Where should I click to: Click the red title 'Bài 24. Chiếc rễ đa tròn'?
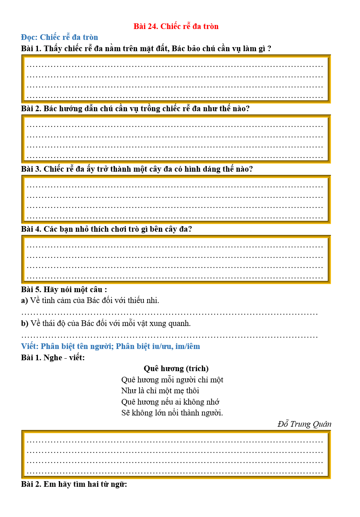click(x=176, y=27)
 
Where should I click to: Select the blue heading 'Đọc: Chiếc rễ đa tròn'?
click(x=59, y=37)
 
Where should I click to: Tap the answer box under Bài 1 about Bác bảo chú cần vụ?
click(x=176, y=79)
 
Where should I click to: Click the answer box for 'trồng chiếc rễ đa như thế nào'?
click(x=176, y=139)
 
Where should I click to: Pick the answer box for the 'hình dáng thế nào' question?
click(x=176, y=199)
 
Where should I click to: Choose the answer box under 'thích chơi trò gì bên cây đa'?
click(x=176, y=260)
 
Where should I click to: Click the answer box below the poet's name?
click(x=176, y=455)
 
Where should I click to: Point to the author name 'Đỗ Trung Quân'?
click(x=304, y=424)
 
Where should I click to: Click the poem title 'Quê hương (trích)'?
click(x=176, y=368)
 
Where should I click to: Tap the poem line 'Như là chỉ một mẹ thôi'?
click(x=160, y=390)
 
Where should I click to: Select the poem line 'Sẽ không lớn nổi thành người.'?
click(x=172, y=413)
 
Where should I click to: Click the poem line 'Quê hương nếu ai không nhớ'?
click(x=170, y=402)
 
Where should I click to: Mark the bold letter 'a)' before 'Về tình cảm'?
click(x=25, y=301)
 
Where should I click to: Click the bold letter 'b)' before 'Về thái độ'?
click(x=25, y=324)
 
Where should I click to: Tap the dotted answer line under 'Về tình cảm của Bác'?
click(x=169, y=313)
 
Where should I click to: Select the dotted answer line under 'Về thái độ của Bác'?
click(x=169, y=336)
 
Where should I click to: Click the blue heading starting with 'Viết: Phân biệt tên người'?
click(x=110, y=347)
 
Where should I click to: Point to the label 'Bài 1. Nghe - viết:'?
click(x=53, y=357)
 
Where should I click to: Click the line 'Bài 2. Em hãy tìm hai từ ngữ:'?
click(x=74, y=484)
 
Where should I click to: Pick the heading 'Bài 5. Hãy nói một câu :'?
click(x=64, y=290)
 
